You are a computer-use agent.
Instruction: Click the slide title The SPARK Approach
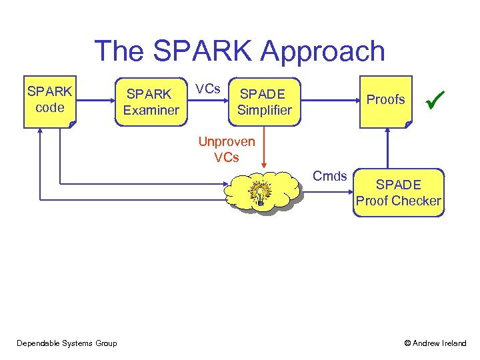[x=239, y=51]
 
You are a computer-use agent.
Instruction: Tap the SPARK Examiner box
[x=151, y=102]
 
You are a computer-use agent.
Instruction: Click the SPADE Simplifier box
[x=265, y=102]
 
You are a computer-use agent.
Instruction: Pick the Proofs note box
[x=385, y=100]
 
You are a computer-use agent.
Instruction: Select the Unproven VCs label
[x=227, y=150]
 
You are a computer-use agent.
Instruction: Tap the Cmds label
[x=330, y=176]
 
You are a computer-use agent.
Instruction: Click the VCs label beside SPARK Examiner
[x=209, y=89]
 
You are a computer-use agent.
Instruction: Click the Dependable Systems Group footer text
[x=67, y=343]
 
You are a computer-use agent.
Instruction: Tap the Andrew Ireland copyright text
[x=435, y=343]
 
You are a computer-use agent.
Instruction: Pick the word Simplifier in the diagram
[x=265, y=110]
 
